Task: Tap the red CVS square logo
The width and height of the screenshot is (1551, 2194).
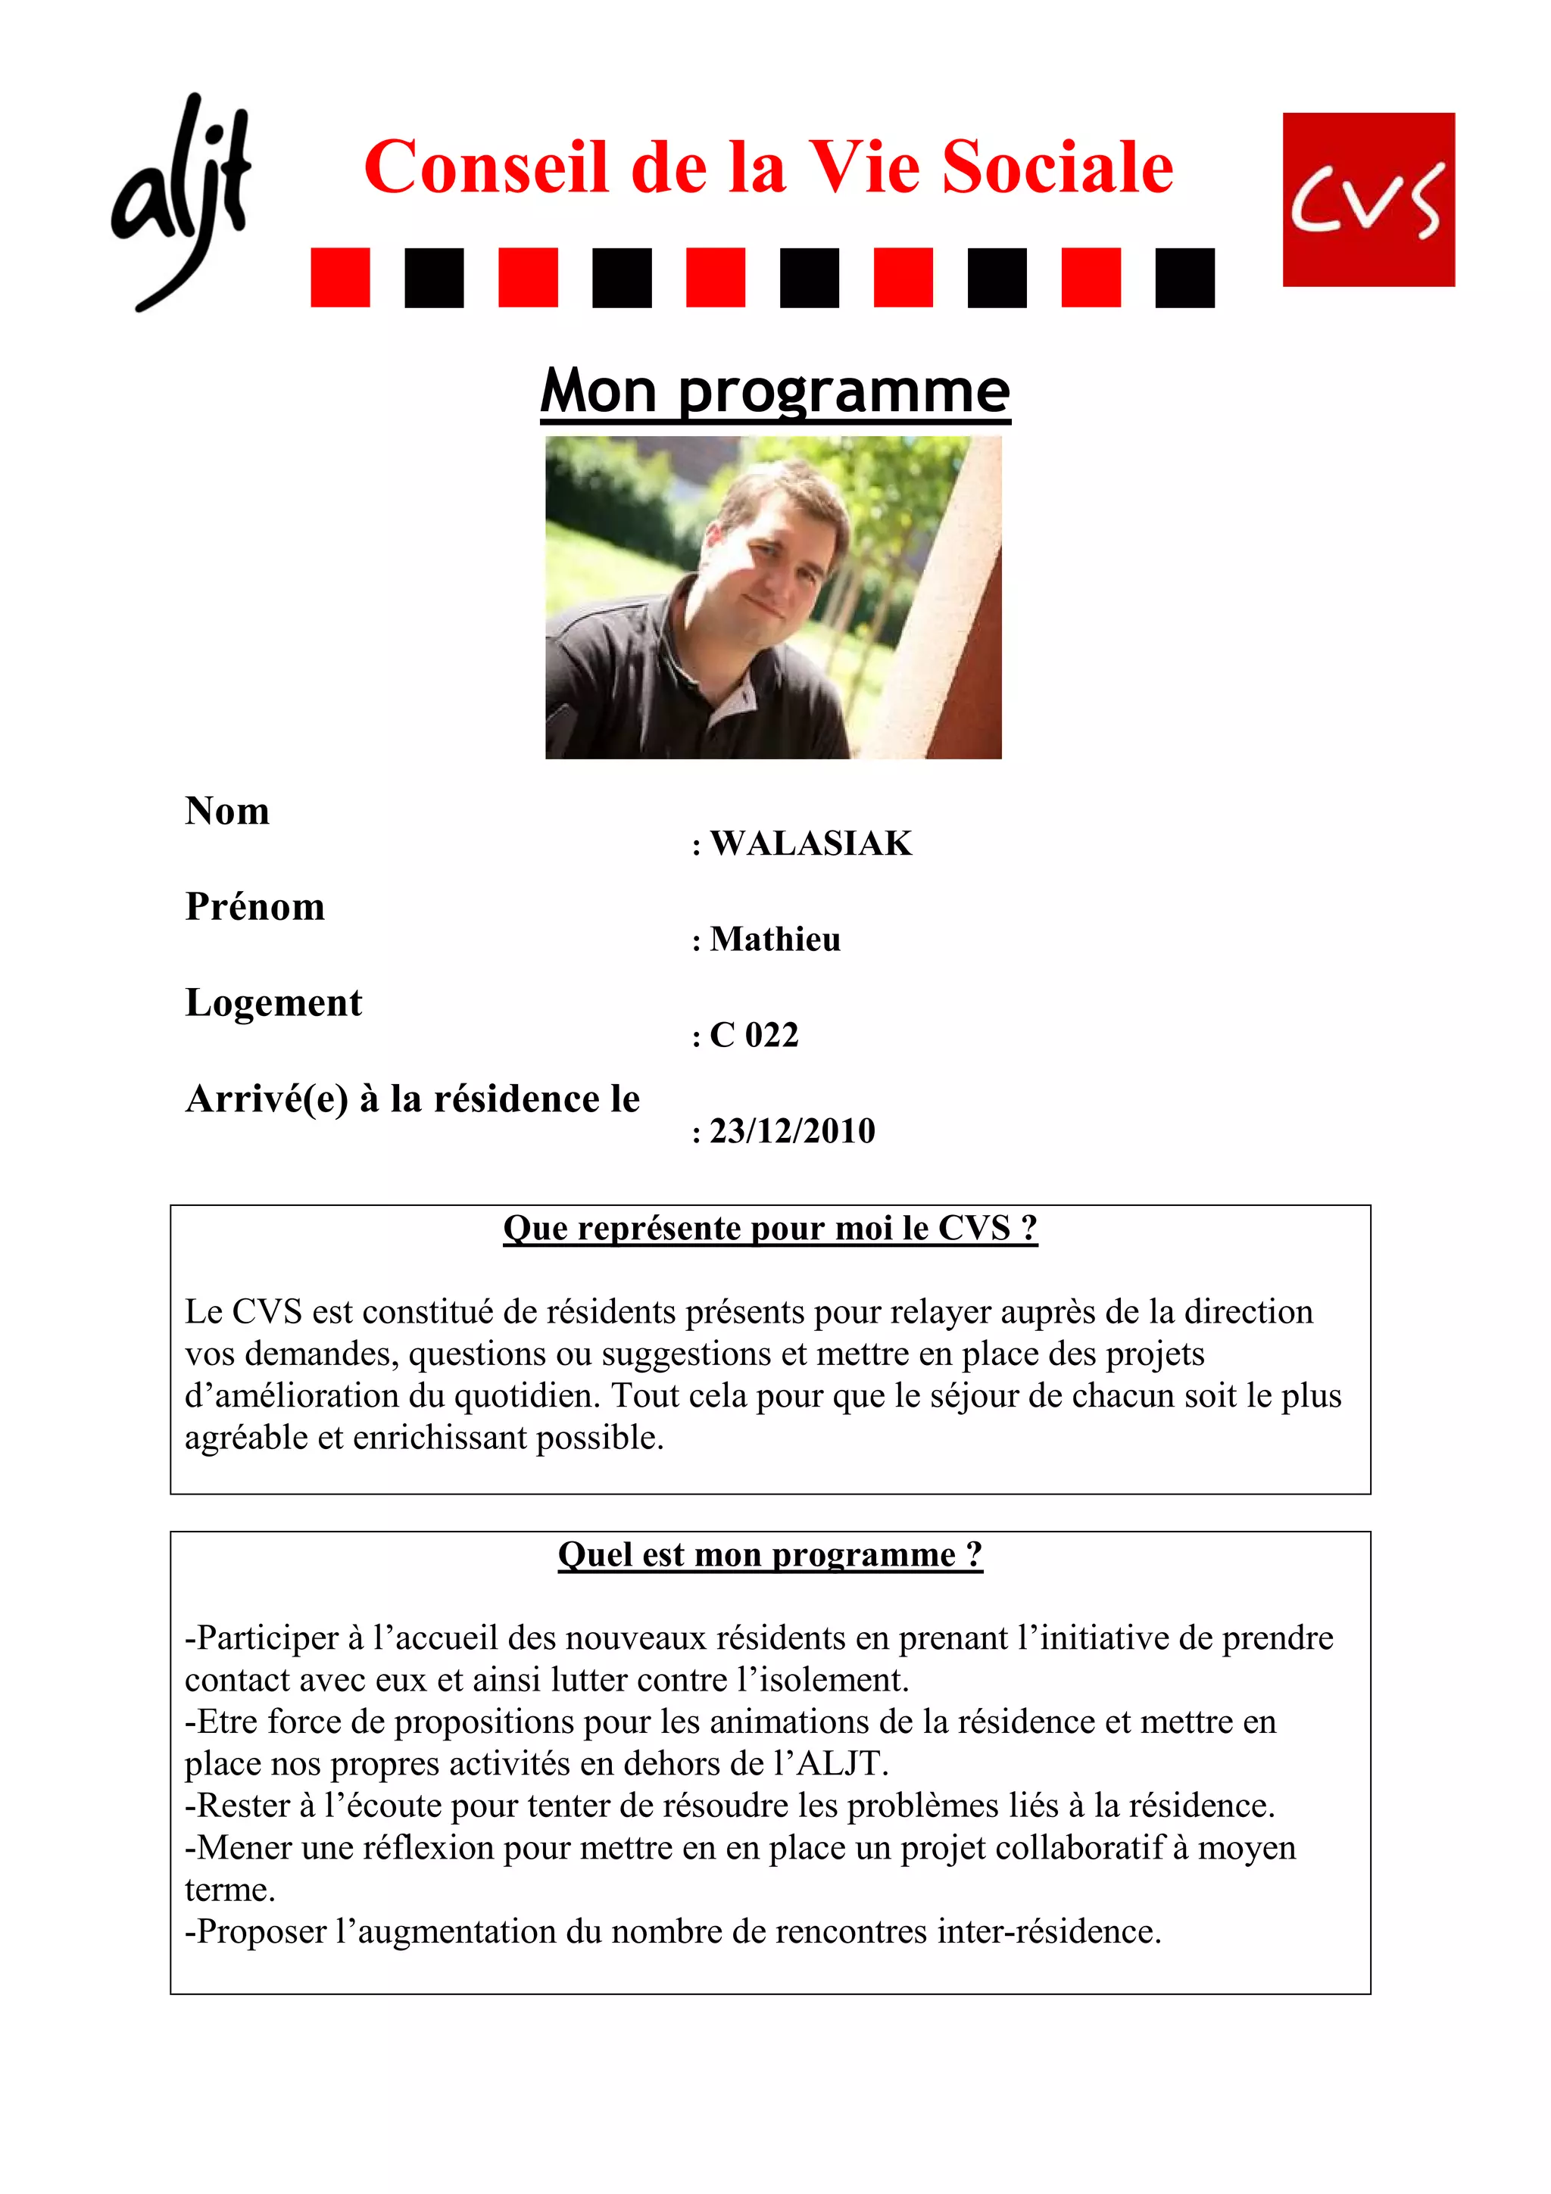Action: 1368,200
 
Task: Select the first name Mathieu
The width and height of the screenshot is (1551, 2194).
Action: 775,940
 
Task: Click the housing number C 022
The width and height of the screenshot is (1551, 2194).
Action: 754,1035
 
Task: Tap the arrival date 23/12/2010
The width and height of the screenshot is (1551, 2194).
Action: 792,1131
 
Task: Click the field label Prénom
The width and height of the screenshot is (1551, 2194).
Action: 255,907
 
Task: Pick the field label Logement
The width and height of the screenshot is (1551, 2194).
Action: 273,1003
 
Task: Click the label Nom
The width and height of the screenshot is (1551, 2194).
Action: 227,812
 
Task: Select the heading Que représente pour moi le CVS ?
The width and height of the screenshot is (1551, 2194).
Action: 770,1228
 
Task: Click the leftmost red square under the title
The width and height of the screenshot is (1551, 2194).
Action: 340,278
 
